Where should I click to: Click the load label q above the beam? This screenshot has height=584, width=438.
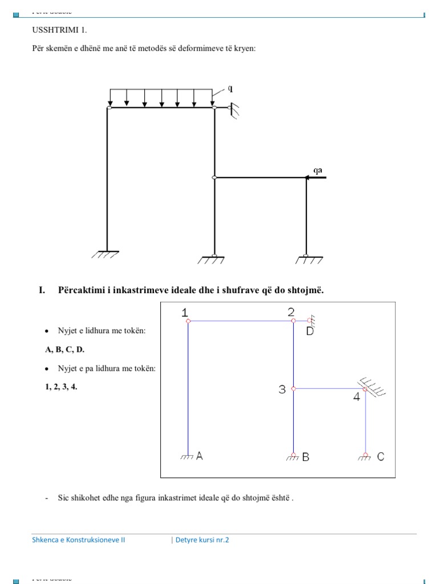pyautogui.click(x=230, y=88)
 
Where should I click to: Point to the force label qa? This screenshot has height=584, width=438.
pyautogui.click(x=318, y=169)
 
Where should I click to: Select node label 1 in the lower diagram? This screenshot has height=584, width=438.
pyautogui.click(x=185, y=312)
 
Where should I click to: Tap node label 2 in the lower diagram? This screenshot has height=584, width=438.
pyautogui.click(x=291, y=311)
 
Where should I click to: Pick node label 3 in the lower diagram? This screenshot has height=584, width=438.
pyautogui.click(x=282, y=390)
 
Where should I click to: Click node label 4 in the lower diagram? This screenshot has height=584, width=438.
pyautogui.click(x=356, y=397)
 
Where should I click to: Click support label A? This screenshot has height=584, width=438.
pyautogui.click(x=200, y=456)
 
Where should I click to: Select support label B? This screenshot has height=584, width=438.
pyautogui.click(x=306, y=456)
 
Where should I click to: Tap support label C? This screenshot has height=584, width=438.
pyautogui.click(x=381, y=456)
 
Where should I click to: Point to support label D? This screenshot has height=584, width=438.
pyautogui.click(x=310, y=331)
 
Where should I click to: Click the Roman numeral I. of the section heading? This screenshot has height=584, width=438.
pyautogui.click(x=42, y=290)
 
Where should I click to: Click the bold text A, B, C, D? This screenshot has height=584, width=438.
pyautogui.click(x=65, y=350)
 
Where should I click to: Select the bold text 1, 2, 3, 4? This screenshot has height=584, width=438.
pyautogui.click(x=61, y=387)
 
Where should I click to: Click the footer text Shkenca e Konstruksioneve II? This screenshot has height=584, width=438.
pyautogui.click(x=78, y=540)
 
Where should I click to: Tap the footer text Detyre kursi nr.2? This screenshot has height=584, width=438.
pyautogui.click(x=201, y=540)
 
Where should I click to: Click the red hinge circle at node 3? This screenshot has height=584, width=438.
pyautogui.click(x=294, y=388)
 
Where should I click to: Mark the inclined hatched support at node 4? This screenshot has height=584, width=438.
pyautogui.click(x=373, y=386)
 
